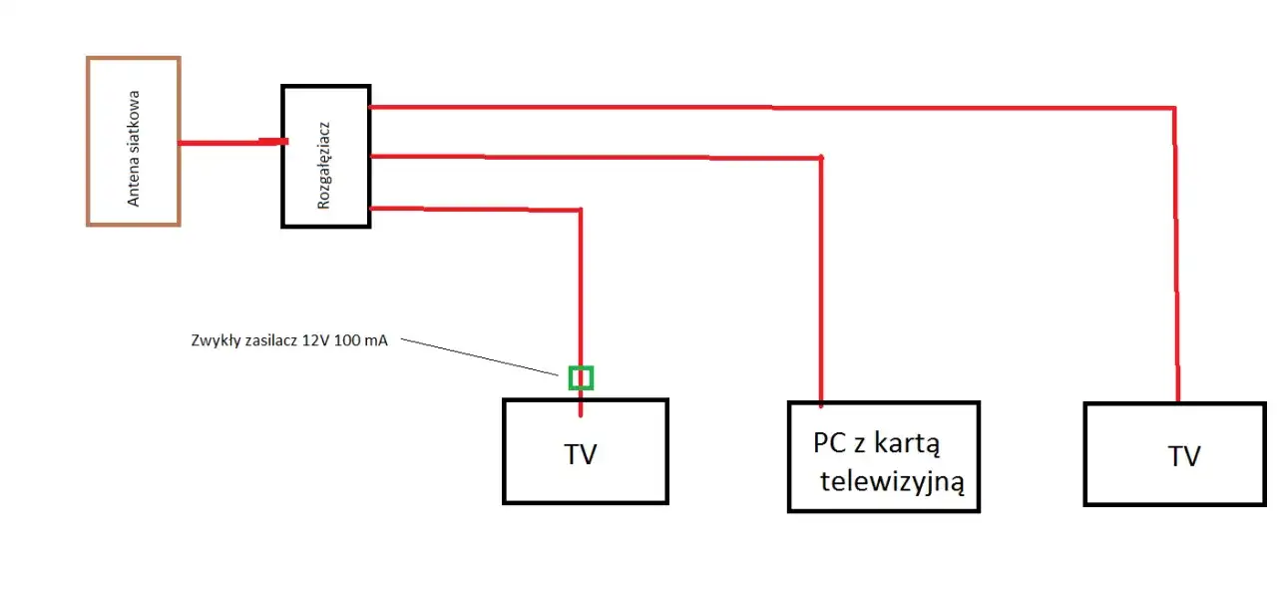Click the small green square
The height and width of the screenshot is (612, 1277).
(x=581, y=377)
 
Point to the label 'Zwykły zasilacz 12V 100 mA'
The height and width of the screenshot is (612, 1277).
(x=288, y=340)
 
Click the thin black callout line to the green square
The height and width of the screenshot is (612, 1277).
(x=479, y=357)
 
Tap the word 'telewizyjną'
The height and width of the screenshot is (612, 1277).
(x=892, y=483)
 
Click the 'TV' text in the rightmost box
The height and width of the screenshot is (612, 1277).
(x=1184, y=456)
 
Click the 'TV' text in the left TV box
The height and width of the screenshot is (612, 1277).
(x=580, y=455)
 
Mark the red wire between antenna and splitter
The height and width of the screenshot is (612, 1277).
(x=229, y=143)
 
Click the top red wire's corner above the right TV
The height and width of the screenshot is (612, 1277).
(x=1174, y=108)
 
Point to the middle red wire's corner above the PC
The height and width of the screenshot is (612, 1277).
(x=820, y=158)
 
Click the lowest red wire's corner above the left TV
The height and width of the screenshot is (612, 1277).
(x=580, y=210)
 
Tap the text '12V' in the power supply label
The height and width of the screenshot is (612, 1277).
(x=315, y=340)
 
